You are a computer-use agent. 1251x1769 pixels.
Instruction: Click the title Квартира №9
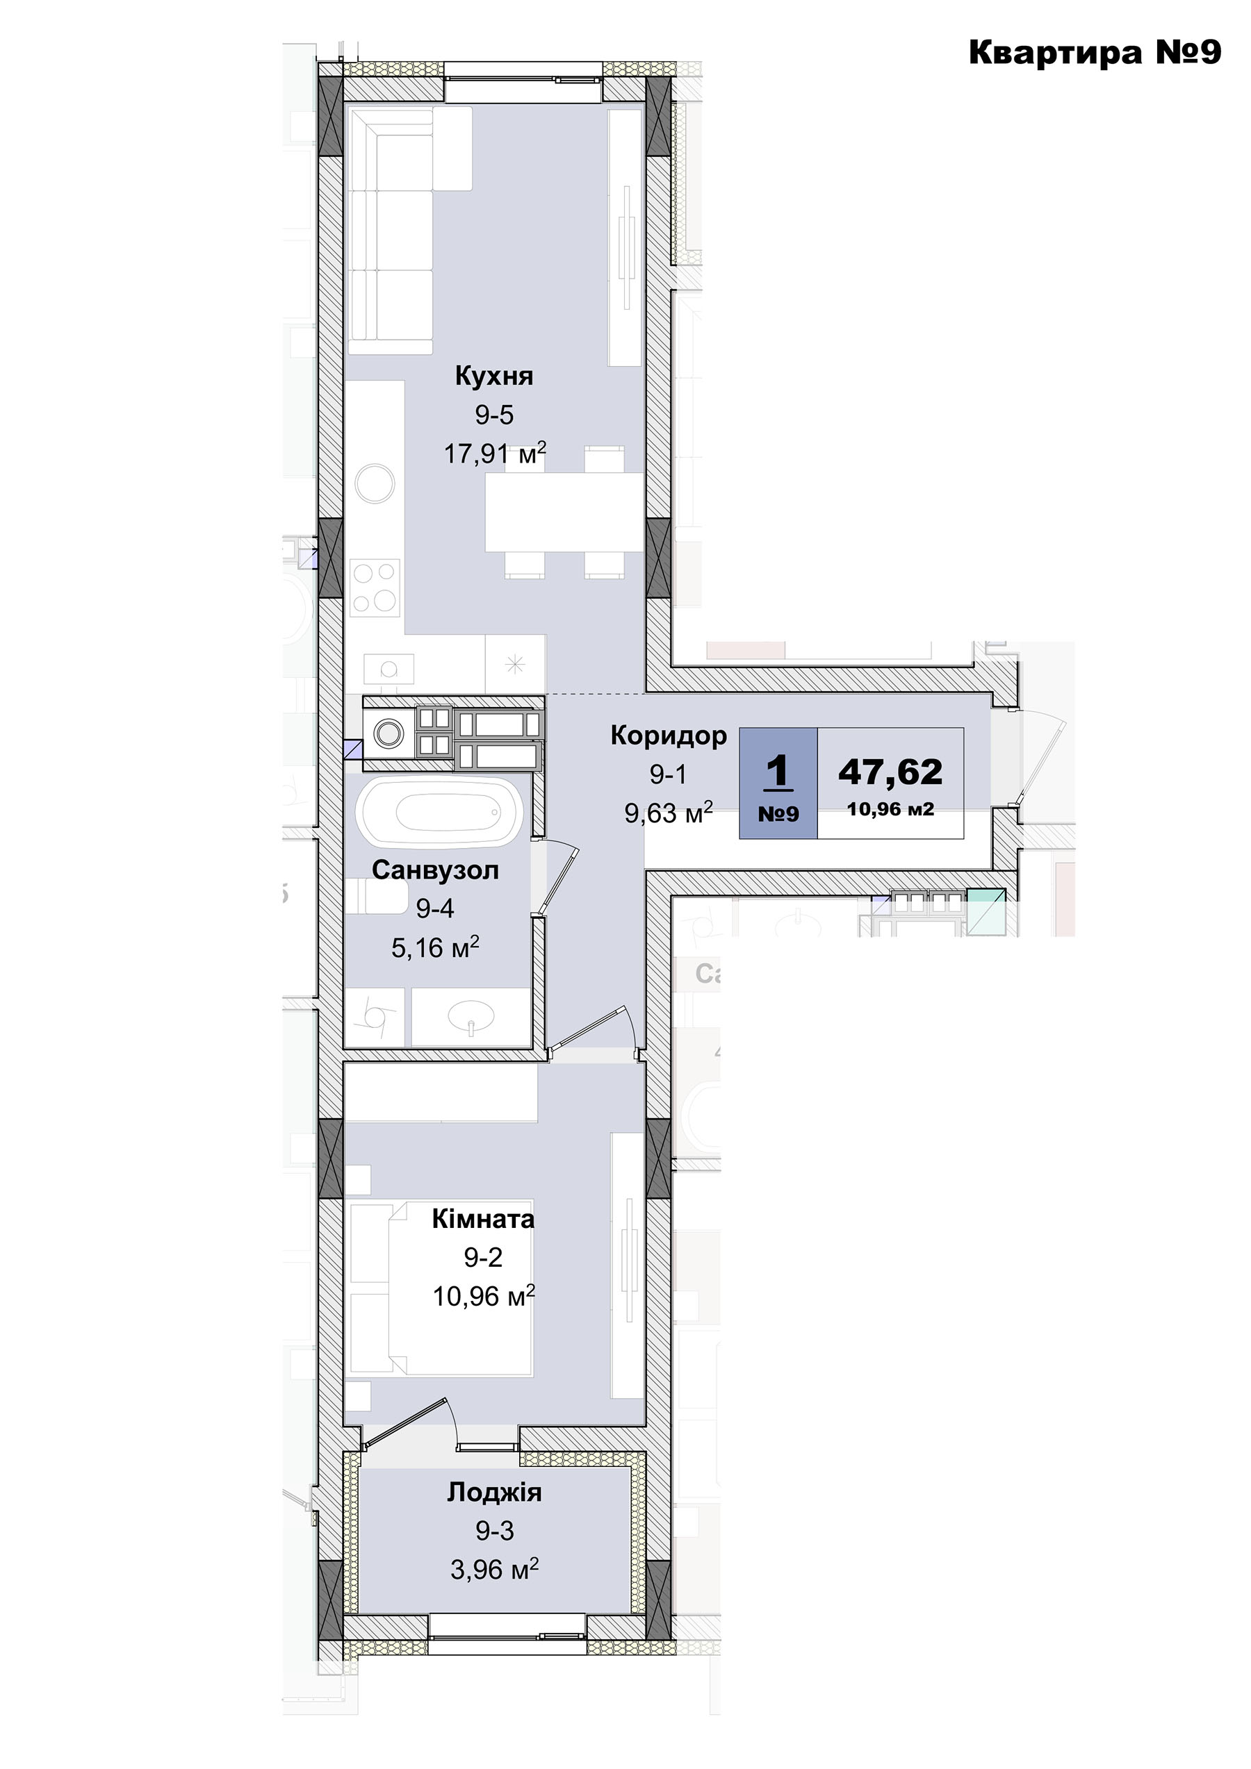click(1095, 52)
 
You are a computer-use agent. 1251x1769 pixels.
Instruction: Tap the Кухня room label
click(494, 376)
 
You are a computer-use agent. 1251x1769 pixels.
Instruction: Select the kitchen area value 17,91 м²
click(495, 453)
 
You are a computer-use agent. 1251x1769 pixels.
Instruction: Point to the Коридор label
click(669, 736)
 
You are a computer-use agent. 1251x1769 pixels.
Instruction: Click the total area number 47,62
click(890, 771)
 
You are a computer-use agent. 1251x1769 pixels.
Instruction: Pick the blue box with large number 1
click(778, 783)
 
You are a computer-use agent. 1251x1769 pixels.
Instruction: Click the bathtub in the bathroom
click(439, 811)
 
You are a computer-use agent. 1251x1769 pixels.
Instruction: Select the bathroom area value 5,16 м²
click(436, 947)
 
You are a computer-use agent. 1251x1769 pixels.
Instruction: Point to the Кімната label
click(483, 1219)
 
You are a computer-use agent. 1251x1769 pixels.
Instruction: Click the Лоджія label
click(495, 1493)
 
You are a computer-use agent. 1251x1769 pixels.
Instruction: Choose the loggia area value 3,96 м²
click(495, 1569)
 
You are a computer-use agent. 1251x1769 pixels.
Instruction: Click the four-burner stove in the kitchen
click(375, 588)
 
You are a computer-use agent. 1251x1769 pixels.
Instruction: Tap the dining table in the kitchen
click(564, 512)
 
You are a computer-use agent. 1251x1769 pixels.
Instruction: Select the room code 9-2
click(483, 1257)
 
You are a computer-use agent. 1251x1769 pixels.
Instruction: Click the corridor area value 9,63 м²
click(669, 812)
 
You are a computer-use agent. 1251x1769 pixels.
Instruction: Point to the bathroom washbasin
click(471, 1016)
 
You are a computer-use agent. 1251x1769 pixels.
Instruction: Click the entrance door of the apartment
click(1040, 759)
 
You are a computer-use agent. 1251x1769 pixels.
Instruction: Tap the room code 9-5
click(494, 415)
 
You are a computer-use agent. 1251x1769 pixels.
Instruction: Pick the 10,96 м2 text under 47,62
click(890, 809)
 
